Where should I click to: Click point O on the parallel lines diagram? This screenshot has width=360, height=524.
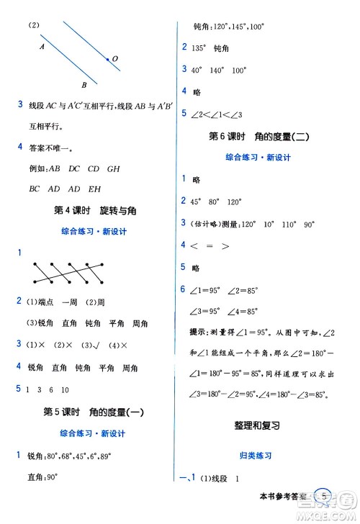pos(109,60)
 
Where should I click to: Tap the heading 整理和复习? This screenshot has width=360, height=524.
pos(257,425)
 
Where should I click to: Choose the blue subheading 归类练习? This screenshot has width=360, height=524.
pos(257,456)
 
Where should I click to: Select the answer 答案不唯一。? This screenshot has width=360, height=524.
pos(51,149)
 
